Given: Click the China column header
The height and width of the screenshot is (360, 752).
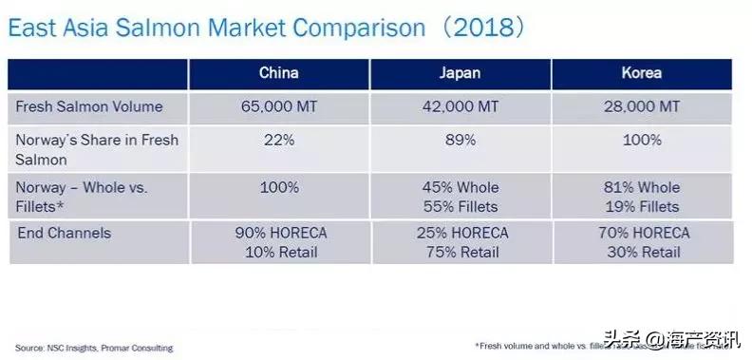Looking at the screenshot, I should [x=278, y=73].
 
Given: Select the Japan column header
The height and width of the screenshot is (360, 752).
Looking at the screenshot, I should [x=461, y=73].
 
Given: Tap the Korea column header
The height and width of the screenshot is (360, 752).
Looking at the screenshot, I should [x=643, y=73].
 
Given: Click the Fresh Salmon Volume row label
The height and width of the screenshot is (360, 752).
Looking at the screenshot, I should [x=89, y=106].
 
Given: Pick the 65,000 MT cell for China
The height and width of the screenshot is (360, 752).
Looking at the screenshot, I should [x=278, y=106].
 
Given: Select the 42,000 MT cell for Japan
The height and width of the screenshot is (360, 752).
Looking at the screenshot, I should [x=461, y=106].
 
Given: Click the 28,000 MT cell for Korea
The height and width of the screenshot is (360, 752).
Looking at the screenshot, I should [x=643, y=106].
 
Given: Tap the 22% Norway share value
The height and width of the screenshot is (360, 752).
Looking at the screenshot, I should [x=278, y=141].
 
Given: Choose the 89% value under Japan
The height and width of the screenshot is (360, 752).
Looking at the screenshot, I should [x=461, y=141].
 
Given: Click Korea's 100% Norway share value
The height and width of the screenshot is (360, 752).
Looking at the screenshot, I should [x=643, y=141].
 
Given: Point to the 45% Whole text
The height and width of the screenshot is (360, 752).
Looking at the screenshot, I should [x=461, y=187].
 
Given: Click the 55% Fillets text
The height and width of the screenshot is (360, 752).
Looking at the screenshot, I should [x=461, y=206].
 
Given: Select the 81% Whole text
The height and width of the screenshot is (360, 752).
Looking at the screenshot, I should [x=643, y=187].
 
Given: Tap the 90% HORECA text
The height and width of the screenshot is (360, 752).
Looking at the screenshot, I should [x=278, y=233].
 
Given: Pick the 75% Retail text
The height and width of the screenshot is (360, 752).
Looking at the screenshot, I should [x=461, y=252].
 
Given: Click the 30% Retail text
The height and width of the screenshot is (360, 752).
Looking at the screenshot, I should [x=643, y=252].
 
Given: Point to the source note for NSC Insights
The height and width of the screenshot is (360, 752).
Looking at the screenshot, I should [x=94, y=349].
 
